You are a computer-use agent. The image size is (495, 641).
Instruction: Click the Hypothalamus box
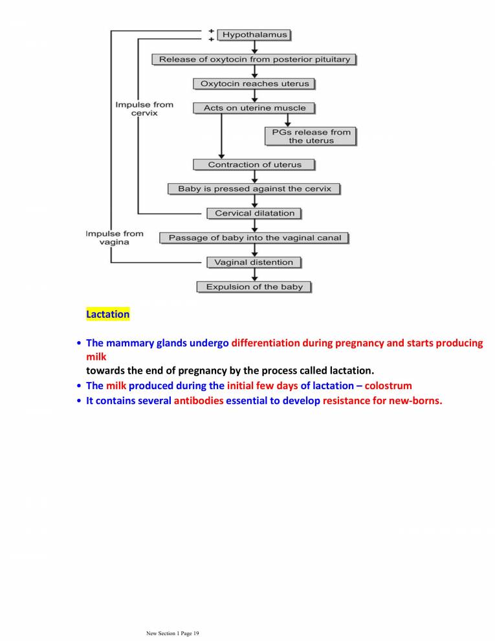coord(254,34)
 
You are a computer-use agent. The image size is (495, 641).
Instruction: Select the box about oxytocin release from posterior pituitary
coord(254,60)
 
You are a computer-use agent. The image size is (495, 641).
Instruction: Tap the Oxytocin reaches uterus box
coord(254,84)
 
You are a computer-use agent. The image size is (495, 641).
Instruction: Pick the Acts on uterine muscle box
coord(254,108)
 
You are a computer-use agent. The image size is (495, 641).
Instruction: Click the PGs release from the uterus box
coord(311,136)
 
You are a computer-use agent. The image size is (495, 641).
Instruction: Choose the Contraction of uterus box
coord(254,164)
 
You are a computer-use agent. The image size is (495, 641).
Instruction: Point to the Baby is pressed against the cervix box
coord(254,189)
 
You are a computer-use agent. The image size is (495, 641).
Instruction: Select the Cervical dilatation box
coord(254,213)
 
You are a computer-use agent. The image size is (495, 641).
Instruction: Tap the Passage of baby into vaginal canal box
coord(254,238)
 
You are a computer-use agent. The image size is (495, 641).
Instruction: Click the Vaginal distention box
coord(254,262)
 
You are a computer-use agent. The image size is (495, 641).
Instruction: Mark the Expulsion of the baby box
coord(254,287)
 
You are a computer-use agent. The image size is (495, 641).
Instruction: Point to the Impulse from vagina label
coord(115,238)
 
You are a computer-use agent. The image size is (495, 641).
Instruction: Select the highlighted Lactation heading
coord(107,314)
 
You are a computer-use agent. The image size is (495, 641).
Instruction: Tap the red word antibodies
coord(198,401)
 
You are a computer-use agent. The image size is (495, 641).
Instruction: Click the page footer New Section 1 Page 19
coord(173,633)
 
